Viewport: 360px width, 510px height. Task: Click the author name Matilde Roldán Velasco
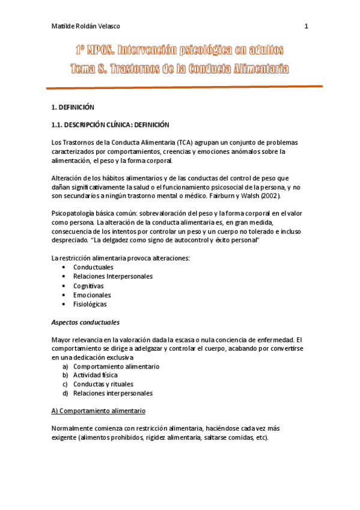click(x=86, y=26)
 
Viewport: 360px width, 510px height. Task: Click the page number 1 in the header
click(x=306, y=26)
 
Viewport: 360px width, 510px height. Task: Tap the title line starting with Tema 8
click(x=180, y=69)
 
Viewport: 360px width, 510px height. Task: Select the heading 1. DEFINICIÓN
click(x=73, y=107)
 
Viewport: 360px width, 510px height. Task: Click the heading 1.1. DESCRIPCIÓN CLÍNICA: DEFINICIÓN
click(x=111, y=125)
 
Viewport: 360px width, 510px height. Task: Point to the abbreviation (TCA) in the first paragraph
click(x=185, y=143)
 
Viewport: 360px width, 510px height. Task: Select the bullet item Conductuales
click(x=93, y=267)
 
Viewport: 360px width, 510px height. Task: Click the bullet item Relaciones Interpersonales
click(x=113, y=277)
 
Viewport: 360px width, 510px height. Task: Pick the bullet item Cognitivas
click(x=88, y=286)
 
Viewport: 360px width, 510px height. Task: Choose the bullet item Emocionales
click(x=92, y=295)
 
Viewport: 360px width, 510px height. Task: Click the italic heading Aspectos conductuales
click(x=85, y=322)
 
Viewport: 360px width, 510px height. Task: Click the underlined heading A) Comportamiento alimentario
click(x=98, y=411)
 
